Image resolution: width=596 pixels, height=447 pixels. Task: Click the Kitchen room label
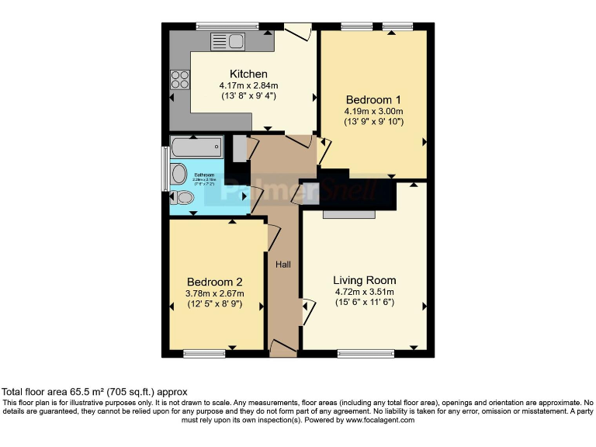[243, 74]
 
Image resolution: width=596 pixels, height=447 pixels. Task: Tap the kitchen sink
[227, 41]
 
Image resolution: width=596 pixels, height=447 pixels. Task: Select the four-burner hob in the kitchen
[180, 78]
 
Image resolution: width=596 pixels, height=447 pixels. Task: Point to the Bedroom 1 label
[373, 99]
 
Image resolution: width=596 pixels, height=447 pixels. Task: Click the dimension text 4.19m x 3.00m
[373, 111]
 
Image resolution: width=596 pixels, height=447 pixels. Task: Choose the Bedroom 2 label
[215, 282]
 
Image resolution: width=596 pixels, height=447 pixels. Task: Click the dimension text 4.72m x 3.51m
[364, 292]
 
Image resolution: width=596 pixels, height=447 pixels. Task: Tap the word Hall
[283, 265]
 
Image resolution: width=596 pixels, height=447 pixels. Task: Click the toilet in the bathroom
[181, 198]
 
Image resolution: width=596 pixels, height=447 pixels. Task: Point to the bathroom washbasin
[178, 173]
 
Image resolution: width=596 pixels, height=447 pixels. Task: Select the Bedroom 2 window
[204, 354]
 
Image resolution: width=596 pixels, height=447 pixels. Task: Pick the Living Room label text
[364, 280]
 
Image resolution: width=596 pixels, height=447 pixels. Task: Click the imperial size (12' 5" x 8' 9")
[215, 304]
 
